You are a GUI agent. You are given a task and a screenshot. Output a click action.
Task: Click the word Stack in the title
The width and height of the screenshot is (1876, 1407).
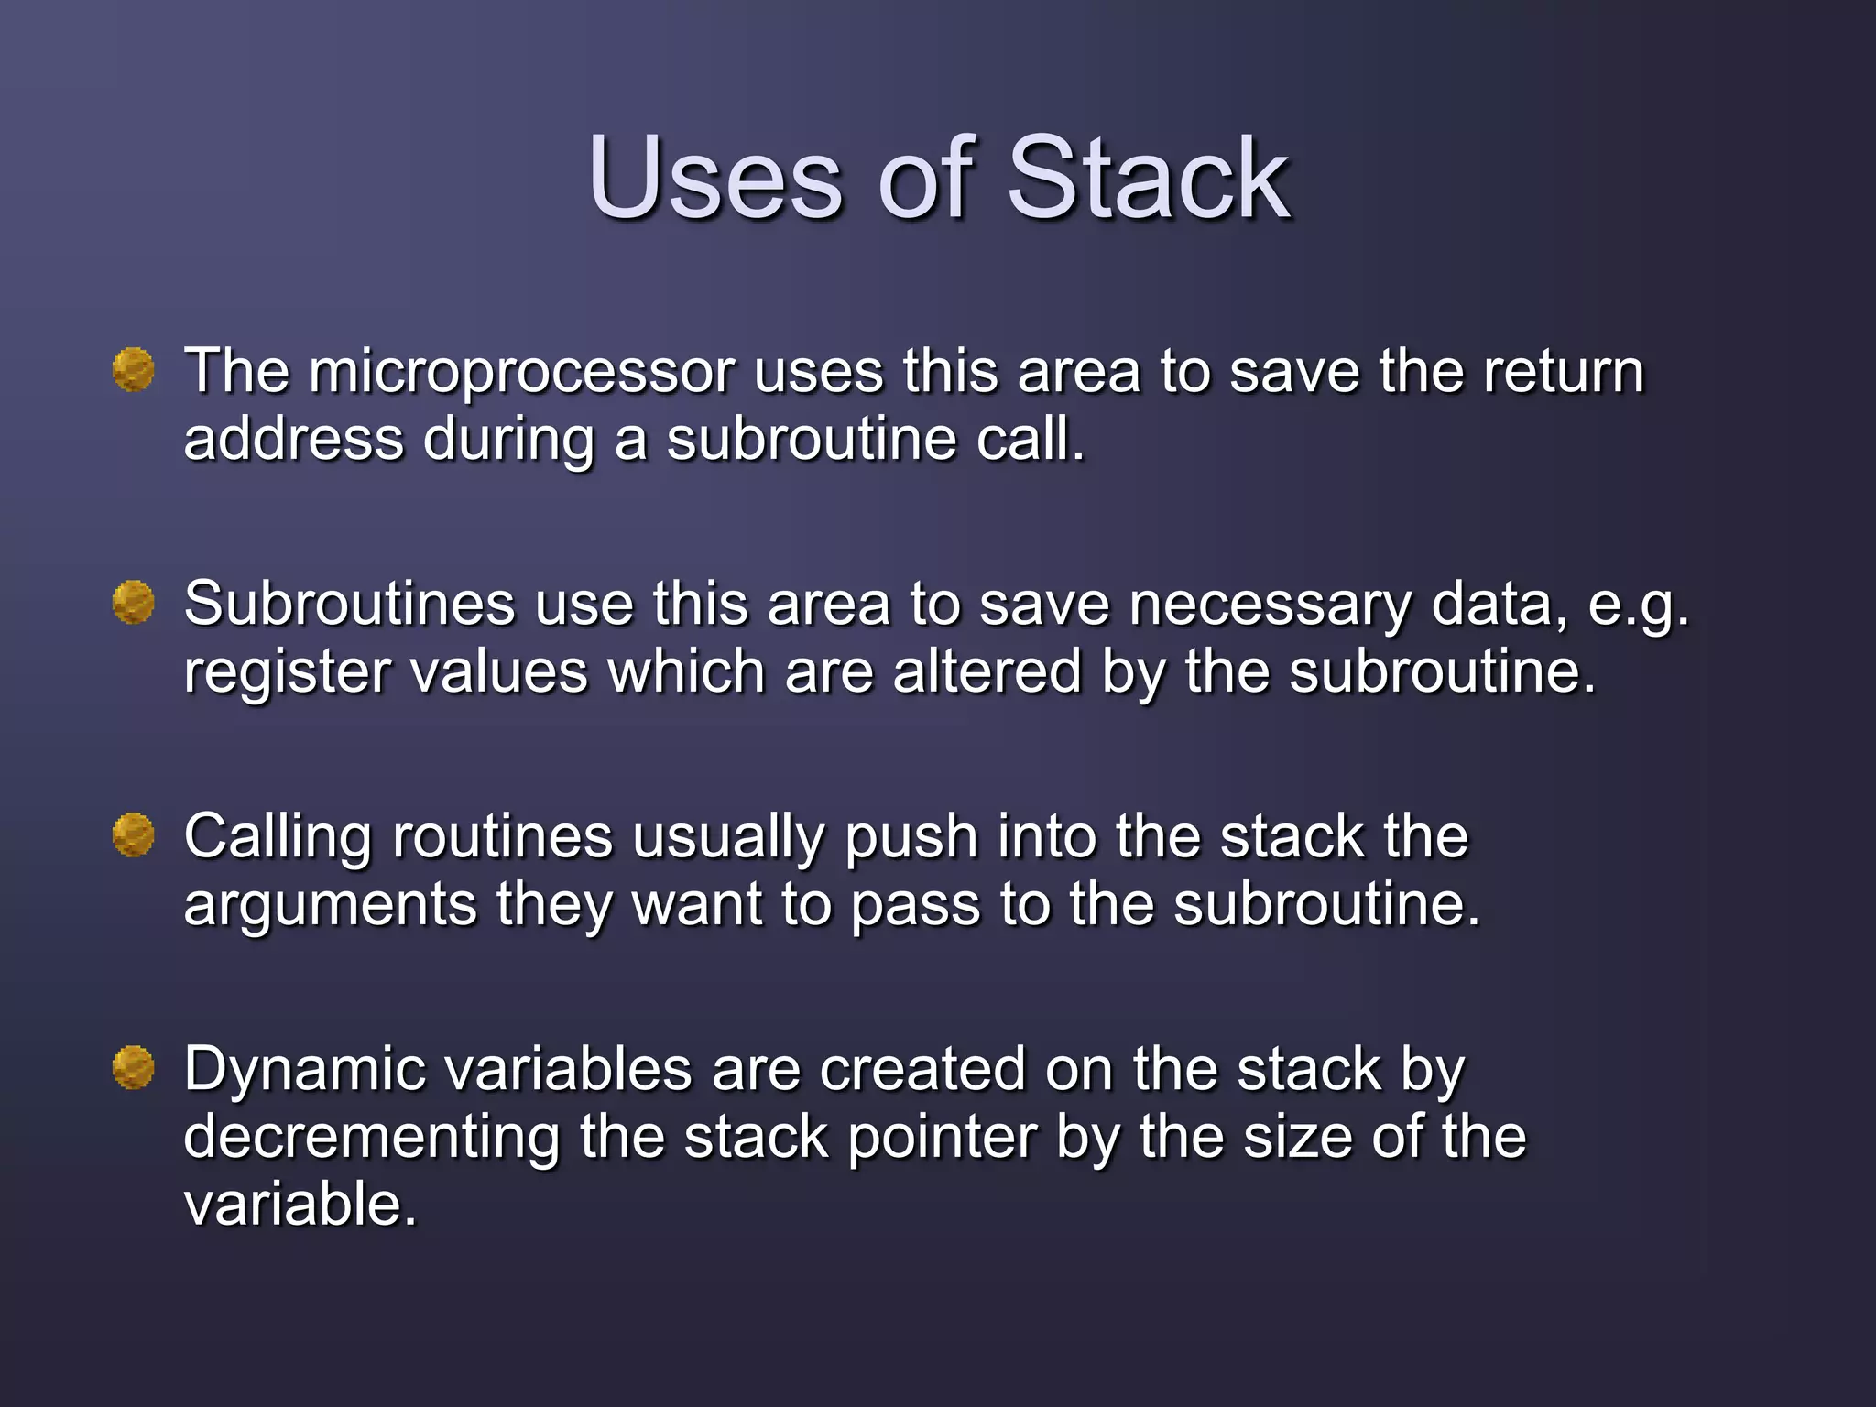point(1149,178)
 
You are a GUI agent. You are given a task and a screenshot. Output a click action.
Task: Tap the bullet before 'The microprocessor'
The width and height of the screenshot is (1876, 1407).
point(134,370)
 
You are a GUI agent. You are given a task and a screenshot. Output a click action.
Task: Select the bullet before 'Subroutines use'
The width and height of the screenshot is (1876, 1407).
point(134,603)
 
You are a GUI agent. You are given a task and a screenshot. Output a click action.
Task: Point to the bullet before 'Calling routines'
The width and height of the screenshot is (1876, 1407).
point(134,835)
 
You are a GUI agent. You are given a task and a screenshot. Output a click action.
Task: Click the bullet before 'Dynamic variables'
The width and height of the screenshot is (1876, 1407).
point(134,1068)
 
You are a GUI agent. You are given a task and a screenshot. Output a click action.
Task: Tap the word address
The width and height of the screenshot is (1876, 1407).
point(293,440)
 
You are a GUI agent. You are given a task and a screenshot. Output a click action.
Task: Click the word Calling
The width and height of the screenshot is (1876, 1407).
point(278,839)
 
